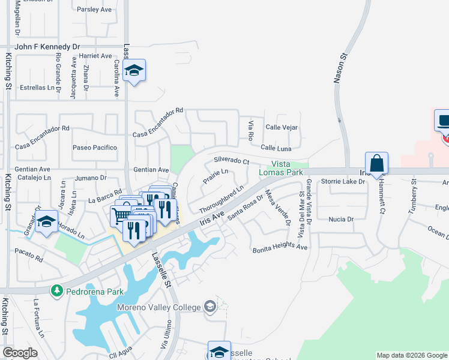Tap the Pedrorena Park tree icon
pos(57,291)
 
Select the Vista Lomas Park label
pos(287,167)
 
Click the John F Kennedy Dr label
pos(47,46)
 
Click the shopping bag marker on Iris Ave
pos(376,164)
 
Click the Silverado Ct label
pos(231,161)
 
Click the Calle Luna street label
pos(276,148)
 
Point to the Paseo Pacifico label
pos(94,148)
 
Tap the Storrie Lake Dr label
pos(343,181)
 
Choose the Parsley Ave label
pos(95,9)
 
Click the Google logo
pos(20,353)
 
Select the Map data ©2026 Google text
pos(412,355)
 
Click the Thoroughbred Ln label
pos(221,200)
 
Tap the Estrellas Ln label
pos(38,87)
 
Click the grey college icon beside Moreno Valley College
pos(209,307)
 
